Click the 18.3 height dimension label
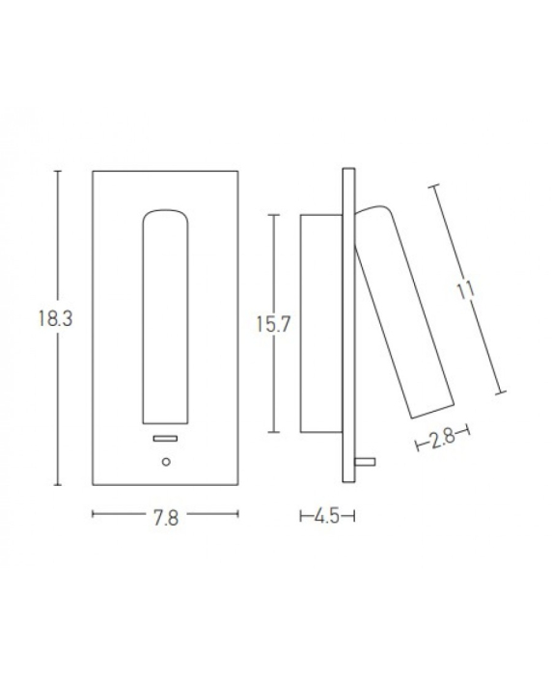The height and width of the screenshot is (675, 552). tap(56, 319)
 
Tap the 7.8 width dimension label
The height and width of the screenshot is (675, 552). tap(166, 518)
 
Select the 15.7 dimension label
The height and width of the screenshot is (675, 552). tap(274, 324)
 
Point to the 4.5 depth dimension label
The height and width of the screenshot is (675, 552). tap(327, 516)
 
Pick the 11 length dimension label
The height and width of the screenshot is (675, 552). tap(466, 290)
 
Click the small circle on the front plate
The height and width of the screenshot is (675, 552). tap(166, 462)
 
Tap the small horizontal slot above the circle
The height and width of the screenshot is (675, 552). tap(165, 438)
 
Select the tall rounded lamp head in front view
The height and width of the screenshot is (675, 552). tap(165, 317)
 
